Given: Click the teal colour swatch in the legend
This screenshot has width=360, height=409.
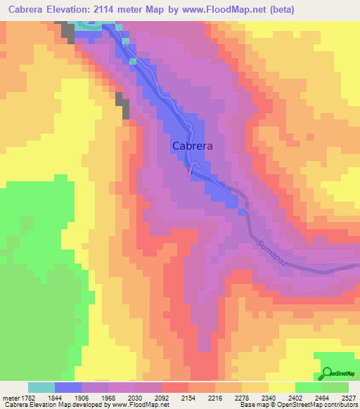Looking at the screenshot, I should click(41, 387).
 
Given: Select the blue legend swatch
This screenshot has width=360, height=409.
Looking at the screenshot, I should click(68, 387).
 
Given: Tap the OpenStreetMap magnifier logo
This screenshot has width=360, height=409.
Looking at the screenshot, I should click(328, 372).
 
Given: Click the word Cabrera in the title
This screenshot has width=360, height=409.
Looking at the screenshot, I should click(30, 9).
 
